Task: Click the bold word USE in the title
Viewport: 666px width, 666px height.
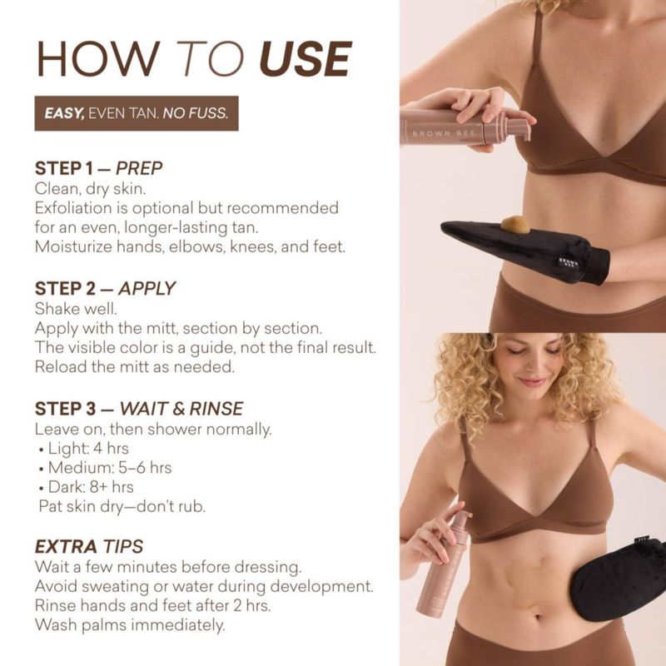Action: pos(306,58)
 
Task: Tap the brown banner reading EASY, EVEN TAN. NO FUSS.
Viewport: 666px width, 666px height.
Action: pos(137,113)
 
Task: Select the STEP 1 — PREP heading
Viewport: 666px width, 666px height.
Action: pos(98,168)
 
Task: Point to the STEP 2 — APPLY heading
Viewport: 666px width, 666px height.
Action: pos(105,288)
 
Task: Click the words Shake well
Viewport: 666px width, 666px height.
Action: pos(76,309)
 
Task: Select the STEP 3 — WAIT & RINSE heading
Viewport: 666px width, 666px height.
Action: pos(139,409)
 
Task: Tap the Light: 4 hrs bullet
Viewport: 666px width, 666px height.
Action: pos(84,449)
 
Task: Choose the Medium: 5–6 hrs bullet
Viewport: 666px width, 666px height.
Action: pos(106,468)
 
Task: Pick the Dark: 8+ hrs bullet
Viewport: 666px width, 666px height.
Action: pos(87,487)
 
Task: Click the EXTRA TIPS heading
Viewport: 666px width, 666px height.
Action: pos(89,547)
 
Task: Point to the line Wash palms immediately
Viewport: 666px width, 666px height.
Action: pos(130,625)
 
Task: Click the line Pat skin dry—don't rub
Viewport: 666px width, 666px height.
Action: pos(122,506)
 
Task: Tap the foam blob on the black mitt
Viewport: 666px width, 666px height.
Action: pos(515,225)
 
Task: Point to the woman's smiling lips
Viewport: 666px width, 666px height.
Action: pos(533,381)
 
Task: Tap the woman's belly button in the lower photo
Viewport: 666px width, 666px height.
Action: pos(538,615)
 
